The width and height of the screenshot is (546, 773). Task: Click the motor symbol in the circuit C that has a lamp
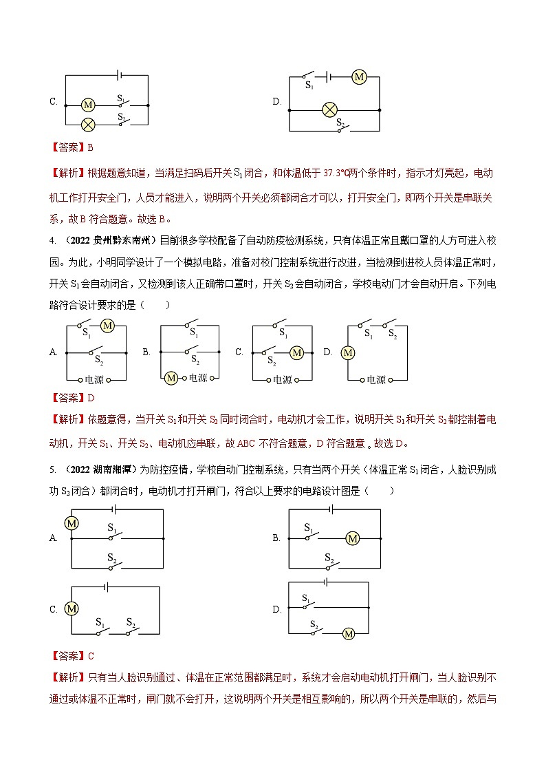pyautogui.click(x=87, y=105)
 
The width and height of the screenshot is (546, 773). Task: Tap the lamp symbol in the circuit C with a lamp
pyautogui.click(x=87, y=125)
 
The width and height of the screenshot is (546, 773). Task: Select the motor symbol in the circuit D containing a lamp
pyautogui.click(x=358, y=77)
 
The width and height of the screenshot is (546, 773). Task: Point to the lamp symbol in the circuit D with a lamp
pyautogui.click(x=329, y=109)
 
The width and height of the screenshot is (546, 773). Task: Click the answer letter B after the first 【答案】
pyautogui.click(x=90, y=147)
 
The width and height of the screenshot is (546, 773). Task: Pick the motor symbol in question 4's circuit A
pyautogui.click(x=107, y=326)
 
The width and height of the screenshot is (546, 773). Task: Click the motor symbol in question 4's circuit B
pyautogui.click(x=171, y=378)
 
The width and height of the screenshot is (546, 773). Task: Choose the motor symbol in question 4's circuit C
pyautogui.click(x=296, y=352)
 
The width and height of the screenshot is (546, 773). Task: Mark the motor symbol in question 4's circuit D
pyautogui.click(x=348, y=352)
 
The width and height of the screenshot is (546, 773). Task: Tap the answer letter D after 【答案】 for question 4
pyautogui.click(x=90, y=398)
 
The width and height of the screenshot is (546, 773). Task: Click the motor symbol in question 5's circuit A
pyautogui.click(x=71, y=523)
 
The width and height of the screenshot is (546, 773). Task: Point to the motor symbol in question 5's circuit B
pyautogui.click(x=353, y=538)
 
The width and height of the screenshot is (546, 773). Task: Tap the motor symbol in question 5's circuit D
pyautogui.click(x=348, y=633)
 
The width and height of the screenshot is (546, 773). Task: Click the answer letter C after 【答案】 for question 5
pyautogui.click(x=90, y=655)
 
